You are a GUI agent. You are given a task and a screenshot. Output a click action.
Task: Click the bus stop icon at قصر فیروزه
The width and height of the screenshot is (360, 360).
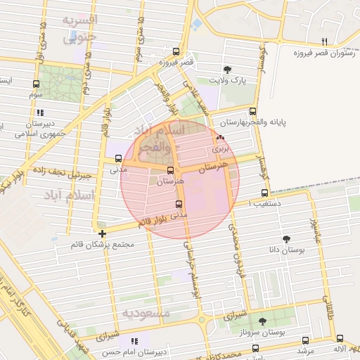(176, 51)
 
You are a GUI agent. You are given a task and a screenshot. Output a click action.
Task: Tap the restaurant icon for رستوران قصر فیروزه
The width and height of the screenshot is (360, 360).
(324, 41)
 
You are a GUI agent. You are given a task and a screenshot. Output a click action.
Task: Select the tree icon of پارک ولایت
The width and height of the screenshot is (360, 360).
(227, 69)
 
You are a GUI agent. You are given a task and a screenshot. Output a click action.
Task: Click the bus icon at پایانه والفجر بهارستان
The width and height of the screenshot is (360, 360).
(253, 111)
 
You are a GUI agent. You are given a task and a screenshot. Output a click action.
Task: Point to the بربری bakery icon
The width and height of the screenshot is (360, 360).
(221, 138)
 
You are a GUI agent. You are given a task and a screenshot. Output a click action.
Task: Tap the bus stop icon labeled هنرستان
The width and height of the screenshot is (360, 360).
(170, 170)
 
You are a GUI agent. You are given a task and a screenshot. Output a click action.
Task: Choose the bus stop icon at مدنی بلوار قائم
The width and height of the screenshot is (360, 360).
(178, 205)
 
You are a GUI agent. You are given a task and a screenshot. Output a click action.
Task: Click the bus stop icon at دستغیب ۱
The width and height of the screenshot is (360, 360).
(264, 193)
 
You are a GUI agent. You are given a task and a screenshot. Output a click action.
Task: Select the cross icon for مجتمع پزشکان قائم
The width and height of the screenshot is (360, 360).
(103, 233)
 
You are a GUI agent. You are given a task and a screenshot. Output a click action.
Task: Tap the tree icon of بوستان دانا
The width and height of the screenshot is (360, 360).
(285, 239)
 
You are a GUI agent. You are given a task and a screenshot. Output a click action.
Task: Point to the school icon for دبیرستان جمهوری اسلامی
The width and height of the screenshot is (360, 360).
(40, 112)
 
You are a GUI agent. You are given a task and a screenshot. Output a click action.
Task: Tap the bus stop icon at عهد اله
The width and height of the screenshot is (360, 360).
(340, 337)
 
